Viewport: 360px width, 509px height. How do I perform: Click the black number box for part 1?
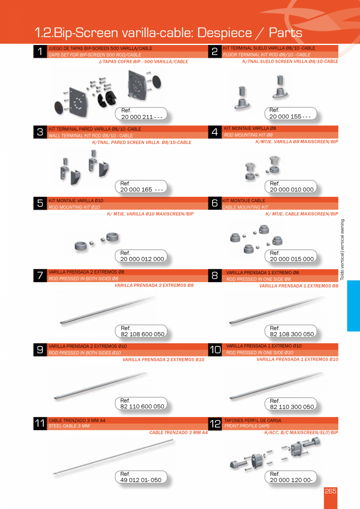(x=40, y=52)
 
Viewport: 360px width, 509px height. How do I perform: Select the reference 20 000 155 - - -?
(x=290, y=117)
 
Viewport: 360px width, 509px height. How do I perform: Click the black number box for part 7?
(x=40, y=275)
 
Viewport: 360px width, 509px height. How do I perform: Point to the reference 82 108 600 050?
(x=142, y=334)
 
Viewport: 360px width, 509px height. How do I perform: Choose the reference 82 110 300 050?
(x=292, y=407)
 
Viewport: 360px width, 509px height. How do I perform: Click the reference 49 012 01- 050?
(x=141, y=480)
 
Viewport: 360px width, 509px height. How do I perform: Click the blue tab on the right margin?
(x=353, y=306)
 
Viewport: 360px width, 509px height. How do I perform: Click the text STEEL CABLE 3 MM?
(x=69, y=426)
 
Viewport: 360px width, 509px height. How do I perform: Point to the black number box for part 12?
(x=215, y=424)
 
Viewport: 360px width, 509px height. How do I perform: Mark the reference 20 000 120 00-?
(x=291, y=480)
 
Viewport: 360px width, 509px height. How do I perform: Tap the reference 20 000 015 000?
(x=292, y=259)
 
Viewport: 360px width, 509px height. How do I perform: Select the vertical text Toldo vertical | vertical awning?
(x=342, y=249)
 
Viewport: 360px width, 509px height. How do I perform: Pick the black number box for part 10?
(x=215, y=350)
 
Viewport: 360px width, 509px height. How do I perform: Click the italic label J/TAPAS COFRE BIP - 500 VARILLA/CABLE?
(x=143, y=62)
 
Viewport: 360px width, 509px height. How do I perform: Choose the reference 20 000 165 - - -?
(x=142, y=190)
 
